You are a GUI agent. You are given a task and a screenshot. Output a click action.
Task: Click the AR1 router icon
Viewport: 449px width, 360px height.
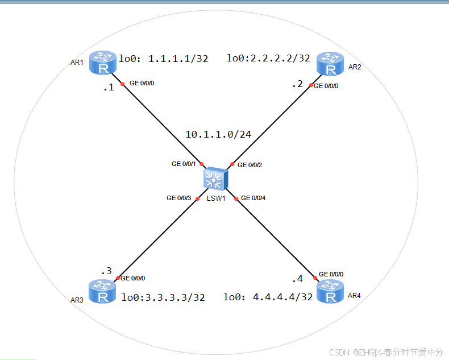pyautogui.click(x=103, y=61)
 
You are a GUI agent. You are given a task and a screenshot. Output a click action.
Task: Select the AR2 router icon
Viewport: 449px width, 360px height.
pyautogui.click(x=330, y=64)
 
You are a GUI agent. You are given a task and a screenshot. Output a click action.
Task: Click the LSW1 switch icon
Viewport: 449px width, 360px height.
pyautogui.click(x=216, y=179)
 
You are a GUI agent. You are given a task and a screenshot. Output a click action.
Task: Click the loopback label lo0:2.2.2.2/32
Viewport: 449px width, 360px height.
pyautogui.click(x=268, y=58)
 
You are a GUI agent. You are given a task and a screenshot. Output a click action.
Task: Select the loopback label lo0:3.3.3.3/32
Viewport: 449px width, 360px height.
pyautogui.click(x=163, y=297)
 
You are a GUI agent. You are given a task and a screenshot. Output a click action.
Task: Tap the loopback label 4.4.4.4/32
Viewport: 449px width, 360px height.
pyautogui.click(x=268, y=297)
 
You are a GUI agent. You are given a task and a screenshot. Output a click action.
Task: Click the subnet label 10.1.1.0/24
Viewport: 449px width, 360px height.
pyautogui.click(x=218, y=134)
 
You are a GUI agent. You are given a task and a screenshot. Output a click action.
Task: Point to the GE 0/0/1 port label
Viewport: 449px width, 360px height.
pyautogui.click(x=184, y=164)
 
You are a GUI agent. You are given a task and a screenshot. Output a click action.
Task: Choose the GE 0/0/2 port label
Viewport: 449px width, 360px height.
pyautogui.click(x=250, y=165)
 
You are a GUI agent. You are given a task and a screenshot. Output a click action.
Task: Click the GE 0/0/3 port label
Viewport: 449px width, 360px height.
pyautogui.click(x=178, y=198)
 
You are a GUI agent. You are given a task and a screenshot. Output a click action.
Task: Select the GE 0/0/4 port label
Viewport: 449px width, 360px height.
pyautogui.click(x=253, y=198)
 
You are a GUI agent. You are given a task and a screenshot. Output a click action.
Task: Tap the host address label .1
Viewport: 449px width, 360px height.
pyautogui.click(x=109, y=87)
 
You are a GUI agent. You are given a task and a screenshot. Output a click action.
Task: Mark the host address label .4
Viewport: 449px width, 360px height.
pyautogui.click(x=297, y=279)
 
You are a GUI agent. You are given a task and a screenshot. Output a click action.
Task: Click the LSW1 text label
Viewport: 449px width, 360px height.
pyautogui.click(x=216, y=198)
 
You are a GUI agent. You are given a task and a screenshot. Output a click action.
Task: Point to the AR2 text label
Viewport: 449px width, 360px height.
pyautogui.click(x=355, y=67)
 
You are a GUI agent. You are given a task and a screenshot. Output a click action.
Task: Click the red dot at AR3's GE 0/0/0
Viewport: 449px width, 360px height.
pyautogui.click(x=117, y=279)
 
